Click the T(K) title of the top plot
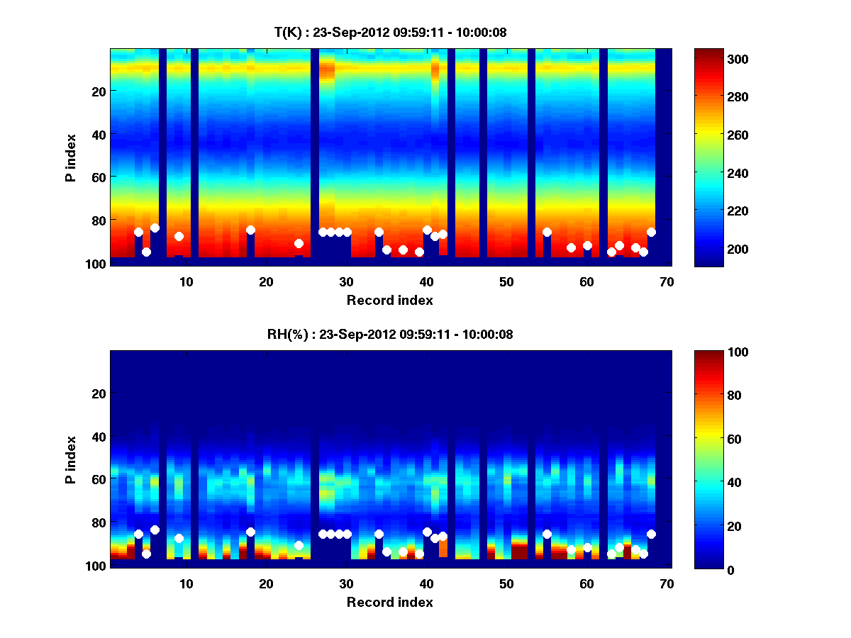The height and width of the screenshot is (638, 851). click(x=390, y=32)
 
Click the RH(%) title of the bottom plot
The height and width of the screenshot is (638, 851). click(x=390, y=334)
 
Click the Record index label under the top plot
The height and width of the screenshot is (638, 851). click(x=390, y=300)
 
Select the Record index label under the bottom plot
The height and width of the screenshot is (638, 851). click(x=390, y=602)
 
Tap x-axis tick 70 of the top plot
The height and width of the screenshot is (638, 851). click(x=667, y=281)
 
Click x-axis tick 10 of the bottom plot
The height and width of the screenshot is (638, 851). click(x=186, y=583)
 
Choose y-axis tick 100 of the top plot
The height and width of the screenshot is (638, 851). click(x=97, y=264)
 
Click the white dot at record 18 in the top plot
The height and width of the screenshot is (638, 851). click(x=250, y=230)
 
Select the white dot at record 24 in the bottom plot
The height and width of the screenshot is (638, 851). click(x=299, y=545)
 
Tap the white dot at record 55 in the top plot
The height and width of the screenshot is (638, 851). click(x=547, y=232)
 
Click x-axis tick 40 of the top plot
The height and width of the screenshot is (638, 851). click(x=426, y=281)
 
